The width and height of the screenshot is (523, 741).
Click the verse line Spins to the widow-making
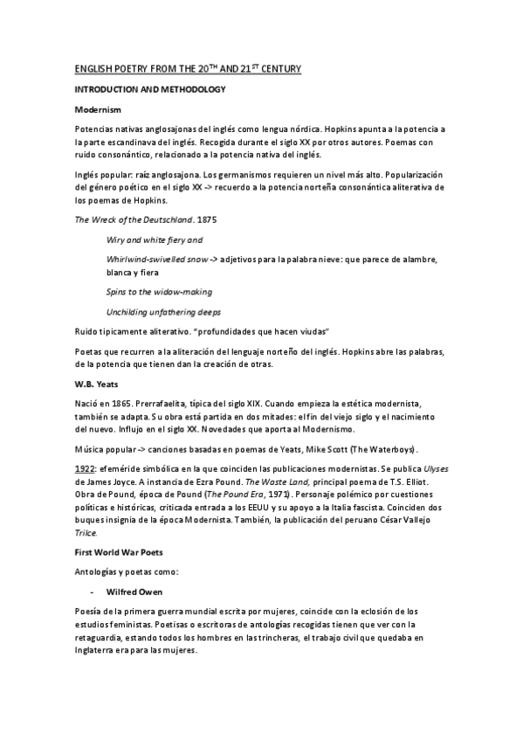click(x=159, y=291)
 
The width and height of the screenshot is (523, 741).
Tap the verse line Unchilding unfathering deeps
click(x=163, y=312)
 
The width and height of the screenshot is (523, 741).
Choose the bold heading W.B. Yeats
click(x=96, y=384)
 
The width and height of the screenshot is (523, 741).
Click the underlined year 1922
click(x=85, y=468)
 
